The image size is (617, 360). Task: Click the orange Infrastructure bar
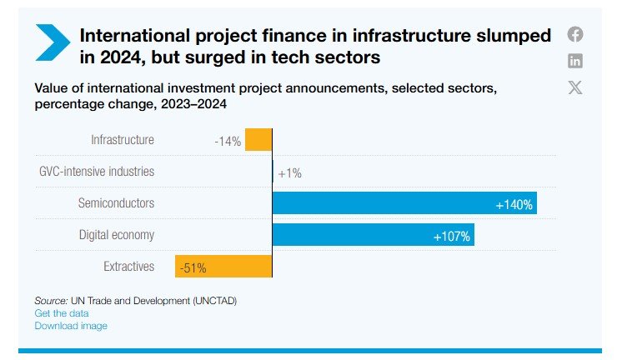pyautogui.click(x=258, y=140)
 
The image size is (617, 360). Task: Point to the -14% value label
pyautogui.click(x=228, y=142)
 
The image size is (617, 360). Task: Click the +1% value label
pyautogui.click(x=289, y=173)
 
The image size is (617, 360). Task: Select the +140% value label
pyautogui.click(x=514, y=204)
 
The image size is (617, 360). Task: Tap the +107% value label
pyautogui.click(x=452, y=237)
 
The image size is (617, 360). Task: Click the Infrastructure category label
pyautogui.click(x=123, y=140)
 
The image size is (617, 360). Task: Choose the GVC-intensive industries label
pyautogui.click(x=97, y=172)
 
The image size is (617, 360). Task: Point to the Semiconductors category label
pyautogui.click(x=116, y=203)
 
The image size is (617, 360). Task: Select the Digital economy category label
pyautogui.click(x=117, y=235)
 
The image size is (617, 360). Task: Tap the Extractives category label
pyautogui.click(x=129, y=267)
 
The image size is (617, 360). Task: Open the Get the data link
pyautogui.click(x=62, y=313)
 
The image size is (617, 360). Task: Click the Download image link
pyautogui.click(x=71, y=326)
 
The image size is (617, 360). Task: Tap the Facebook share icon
pyautogui.click(x=575, y=34)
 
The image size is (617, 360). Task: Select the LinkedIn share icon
pyautogui.click(x=575, y=61)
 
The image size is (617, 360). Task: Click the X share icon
pyautogui.click(x=575, y=87)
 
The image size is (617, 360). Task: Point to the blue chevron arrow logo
pyautogui.click(x=52, y=42)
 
